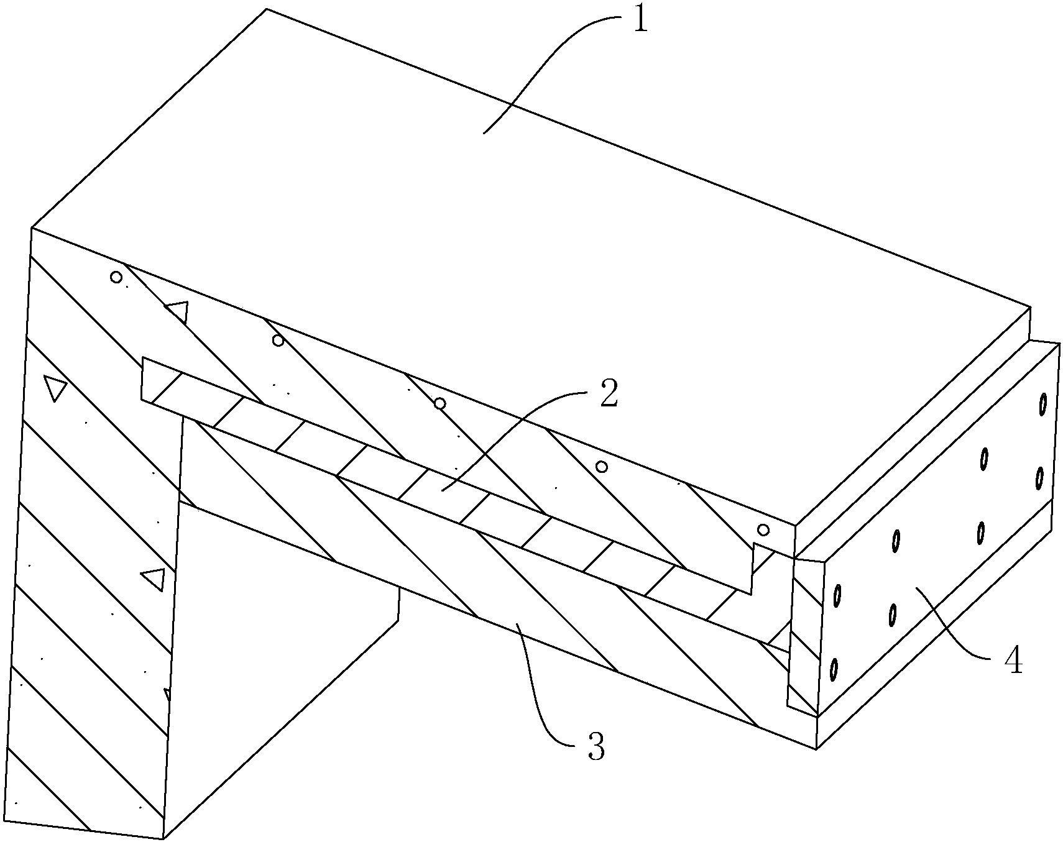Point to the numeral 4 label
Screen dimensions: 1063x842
pos(1013,660)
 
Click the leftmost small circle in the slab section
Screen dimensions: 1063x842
pos(116,277)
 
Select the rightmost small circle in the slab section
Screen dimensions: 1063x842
pos(763,530)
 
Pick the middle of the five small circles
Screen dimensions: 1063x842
pos(439,404)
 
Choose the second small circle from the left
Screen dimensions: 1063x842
pos(278,341)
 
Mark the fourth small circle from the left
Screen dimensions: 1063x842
pos(601,467)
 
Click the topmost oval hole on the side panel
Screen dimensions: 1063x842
pos(1043,405)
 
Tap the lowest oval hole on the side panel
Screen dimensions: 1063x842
pos(834,669)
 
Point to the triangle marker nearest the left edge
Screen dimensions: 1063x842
pos(55,388)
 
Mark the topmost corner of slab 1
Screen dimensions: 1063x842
pos(267,9)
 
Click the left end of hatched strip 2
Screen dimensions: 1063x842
pos(142,378)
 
